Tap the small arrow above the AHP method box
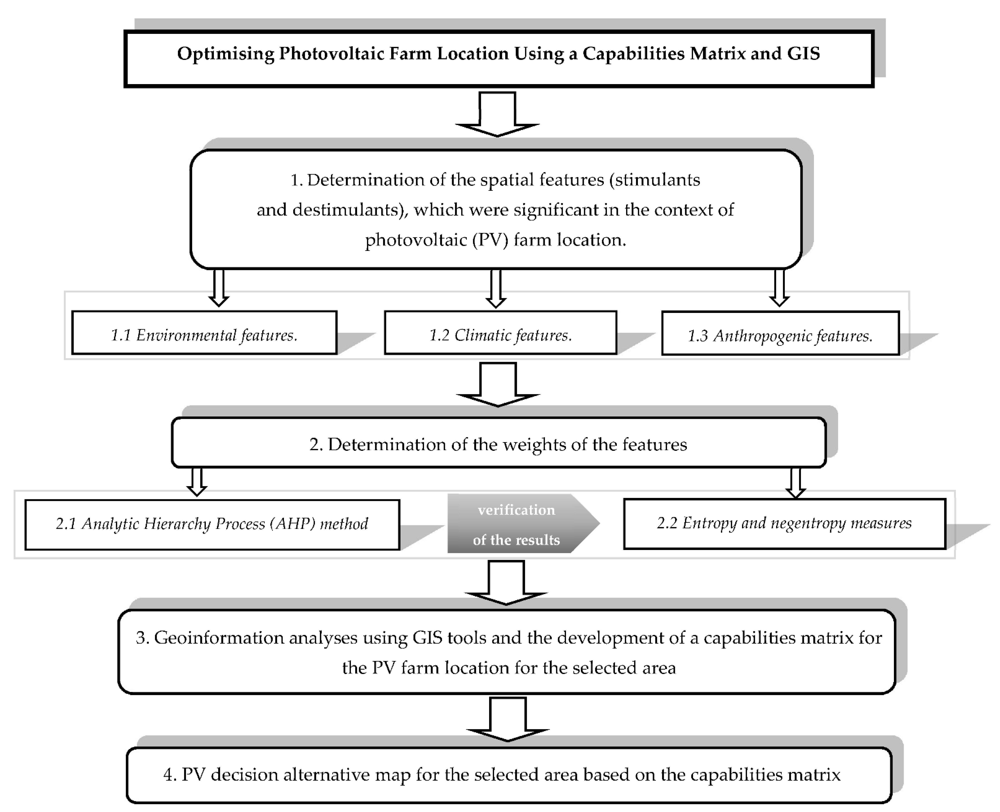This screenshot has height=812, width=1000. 197,482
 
